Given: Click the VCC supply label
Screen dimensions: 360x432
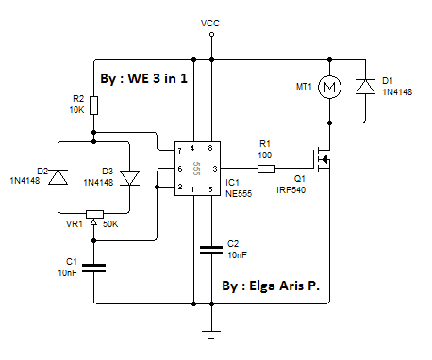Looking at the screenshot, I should [x=211, y=22].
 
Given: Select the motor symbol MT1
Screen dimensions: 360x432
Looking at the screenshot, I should [x=330, y=88].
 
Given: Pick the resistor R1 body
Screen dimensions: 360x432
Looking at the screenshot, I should [x=266, y=169].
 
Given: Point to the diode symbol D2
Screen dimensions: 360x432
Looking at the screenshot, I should [x=59, y=176].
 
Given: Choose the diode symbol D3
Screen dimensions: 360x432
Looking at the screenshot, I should [x=130, y=176].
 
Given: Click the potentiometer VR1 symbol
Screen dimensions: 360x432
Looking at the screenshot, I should [x=95, y=214].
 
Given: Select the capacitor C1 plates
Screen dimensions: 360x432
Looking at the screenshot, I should [x=95, y=268].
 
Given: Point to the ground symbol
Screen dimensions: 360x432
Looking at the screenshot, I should [x=211, y=329].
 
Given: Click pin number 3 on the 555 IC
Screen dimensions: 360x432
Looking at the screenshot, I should [x=215, y=168].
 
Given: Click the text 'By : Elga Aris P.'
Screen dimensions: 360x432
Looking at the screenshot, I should [x=275, y=284].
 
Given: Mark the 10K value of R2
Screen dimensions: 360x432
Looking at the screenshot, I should [x=77, y=110].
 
